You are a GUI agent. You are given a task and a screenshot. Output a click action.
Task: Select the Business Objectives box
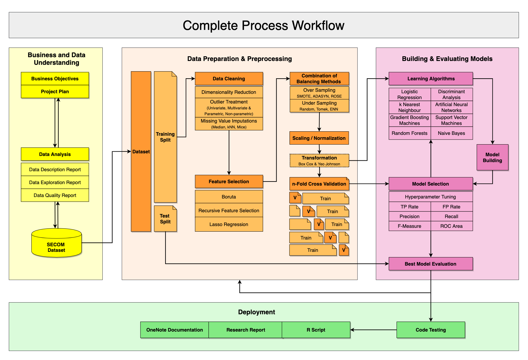55,79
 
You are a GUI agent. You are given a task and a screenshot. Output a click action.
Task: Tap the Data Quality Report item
55,195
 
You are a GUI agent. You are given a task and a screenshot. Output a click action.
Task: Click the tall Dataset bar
141,151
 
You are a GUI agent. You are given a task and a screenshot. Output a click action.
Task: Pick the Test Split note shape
165,219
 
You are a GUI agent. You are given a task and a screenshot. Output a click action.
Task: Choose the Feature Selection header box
229,181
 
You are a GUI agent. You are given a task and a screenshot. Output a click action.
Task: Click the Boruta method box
229,197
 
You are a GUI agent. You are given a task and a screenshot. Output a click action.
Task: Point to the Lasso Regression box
229,224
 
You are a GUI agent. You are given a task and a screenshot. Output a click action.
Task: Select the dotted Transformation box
319,161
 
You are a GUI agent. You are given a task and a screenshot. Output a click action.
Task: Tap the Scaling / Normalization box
319,138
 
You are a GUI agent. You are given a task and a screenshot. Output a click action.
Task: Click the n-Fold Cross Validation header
319,184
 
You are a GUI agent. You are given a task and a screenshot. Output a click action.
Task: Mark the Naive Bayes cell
451,133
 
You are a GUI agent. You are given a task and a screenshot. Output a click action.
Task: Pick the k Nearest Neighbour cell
409,107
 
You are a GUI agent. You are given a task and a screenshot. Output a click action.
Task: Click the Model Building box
492,157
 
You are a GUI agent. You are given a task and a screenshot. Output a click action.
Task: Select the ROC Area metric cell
451,226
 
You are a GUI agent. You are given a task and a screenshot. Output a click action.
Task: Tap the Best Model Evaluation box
430,264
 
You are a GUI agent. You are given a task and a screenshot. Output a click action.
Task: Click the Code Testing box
431,330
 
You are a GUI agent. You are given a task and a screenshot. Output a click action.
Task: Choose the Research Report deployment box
246,330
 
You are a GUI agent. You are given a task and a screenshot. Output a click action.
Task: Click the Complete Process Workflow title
263,25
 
